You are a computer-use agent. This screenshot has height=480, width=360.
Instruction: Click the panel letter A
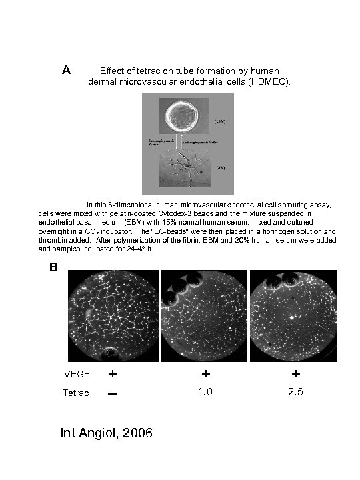click(x=67, y=70)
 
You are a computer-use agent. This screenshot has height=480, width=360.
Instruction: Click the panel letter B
click(x=53, y=268)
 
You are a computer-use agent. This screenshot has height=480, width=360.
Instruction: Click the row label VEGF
click(x=74, y=374)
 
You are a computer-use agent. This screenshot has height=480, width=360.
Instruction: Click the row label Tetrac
click(x=75, y=393)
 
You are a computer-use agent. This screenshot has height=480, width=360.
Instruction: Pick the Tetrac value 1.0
click(x=206, y=392)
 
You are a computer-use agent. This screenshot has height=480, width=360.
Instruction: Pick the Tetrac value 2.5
click(x=295, y=392)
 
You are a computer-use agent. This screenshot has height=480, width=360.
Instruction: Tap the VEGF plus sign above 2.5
click(x=295, y=374)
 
